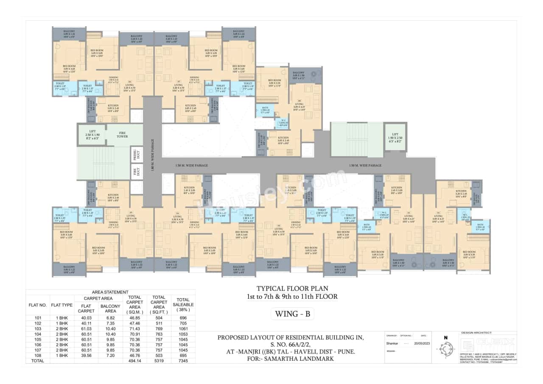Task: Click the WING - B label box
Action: point(293,314)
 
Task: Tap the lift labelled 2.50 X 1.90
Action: point(92,134)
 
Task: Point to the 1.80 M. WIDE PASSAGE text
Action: point(152,154)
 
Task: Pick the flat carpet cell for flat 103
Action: point(86,328)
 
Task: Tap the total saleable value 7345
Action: point(183,361)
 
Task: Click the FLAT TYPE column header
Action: point(62,305)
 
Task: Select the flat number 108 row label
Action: point(37,355)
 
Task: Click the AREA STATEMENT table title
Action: point(110,292)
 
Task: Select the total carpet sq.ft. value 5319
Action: point(159,361)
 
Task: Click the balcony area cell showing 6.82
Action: point(110,318)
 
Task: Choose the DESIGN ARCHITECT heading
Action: point(476,333)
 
